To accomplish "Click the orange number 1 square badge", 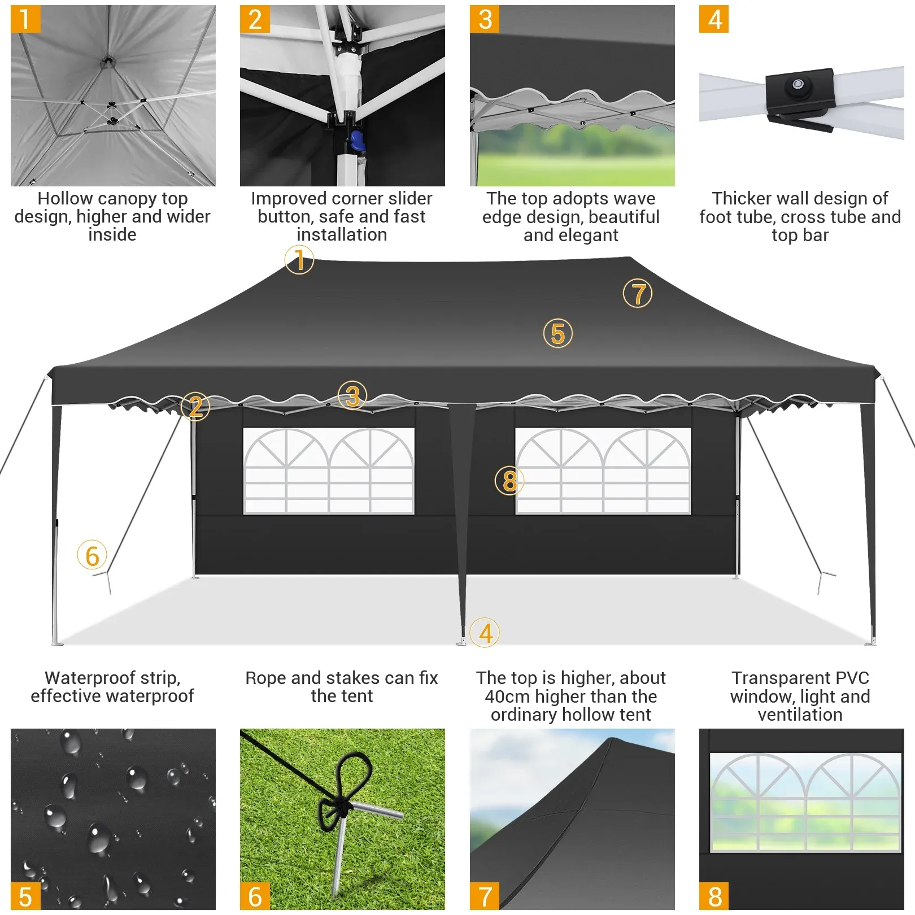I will (25, 19).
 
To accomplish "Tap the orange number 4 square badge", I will (714, 19).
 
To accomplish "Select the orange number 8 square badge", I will (714, 896).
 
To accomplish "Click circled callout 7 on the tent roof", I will (638, 294).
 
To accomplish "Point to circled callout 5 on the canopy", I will (557, 333).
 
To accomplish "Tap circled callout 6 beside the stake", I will (92, 555).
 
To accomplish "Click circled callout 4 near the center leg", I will (485, 633).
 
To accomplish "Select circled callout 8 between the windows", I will (509, 481).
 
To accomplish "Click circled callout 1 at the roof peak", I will (299, 260).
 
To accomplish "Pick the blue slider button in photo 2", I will (358, 141).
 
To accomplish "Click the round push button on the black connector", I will (798, 85).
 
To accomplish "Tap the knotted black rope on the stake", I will (339, 802).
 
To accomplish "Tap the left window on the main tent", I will (329, 471).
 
